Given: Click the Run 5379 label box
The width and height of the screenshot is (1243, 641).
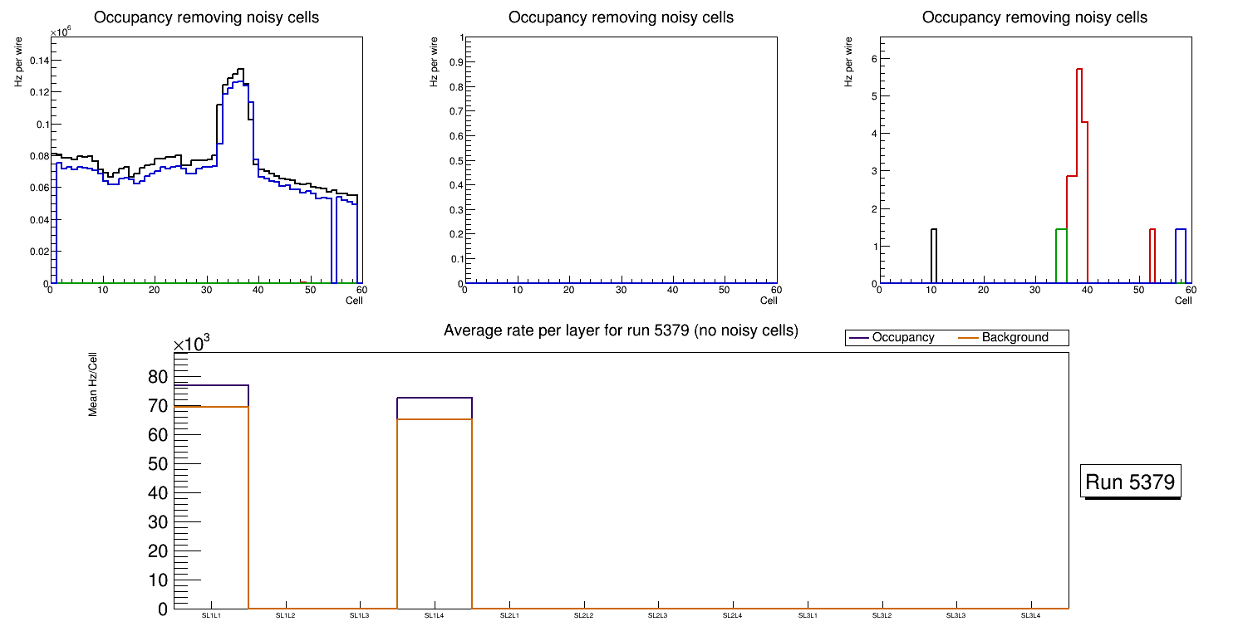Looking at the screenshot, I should coord(1132,482).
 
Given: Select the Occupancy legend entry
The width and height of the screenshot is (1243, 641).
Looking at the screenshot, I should coord(902,338).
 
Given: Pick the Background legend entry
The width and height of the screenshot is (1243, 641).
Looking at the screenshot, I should coord(1015,338).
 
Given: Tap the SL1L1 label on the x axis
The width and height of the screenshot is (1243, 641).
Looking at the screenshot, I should coord(211,615).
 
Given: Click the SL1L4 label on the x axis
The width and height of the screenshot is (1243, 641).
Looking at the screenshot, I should coord(435,615).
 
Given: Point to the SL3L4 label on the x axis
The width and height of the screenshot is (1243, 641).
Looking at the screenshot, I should coord(1030,615).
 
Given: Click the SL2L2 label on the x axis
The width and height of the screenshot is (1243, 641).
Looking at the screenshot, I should coord(584,615).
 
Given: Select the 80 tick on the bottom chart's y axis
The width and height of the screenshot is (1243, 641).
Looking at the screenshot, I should coord(157,377).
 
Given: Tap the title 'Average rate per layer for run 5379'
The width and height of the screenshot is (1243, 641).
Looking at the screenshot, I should coord(621,330).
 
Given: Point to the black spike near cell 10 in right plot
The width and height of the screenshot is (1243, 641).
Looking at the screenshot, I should coord(934,230).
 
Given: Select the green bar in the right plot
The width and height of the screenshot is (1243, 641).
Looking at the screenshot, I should coord(1061,230).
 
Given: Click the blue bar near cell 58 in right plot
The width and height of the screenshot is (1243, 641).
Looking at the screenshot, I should coord(1181,230).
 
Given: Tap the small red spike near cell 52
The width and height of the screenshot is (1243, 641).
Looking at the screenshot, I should coord(1152,230).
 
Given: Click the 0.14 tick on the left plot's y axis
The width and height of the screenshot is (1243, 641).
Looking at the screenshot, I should coord(38,61).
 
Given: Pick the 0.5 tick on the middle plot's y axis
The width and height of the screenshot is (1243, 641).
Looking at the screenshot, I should coord(452,161).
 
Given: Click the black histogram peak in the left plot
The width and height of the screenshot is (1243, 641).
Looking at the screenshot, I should coord(239,70).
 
